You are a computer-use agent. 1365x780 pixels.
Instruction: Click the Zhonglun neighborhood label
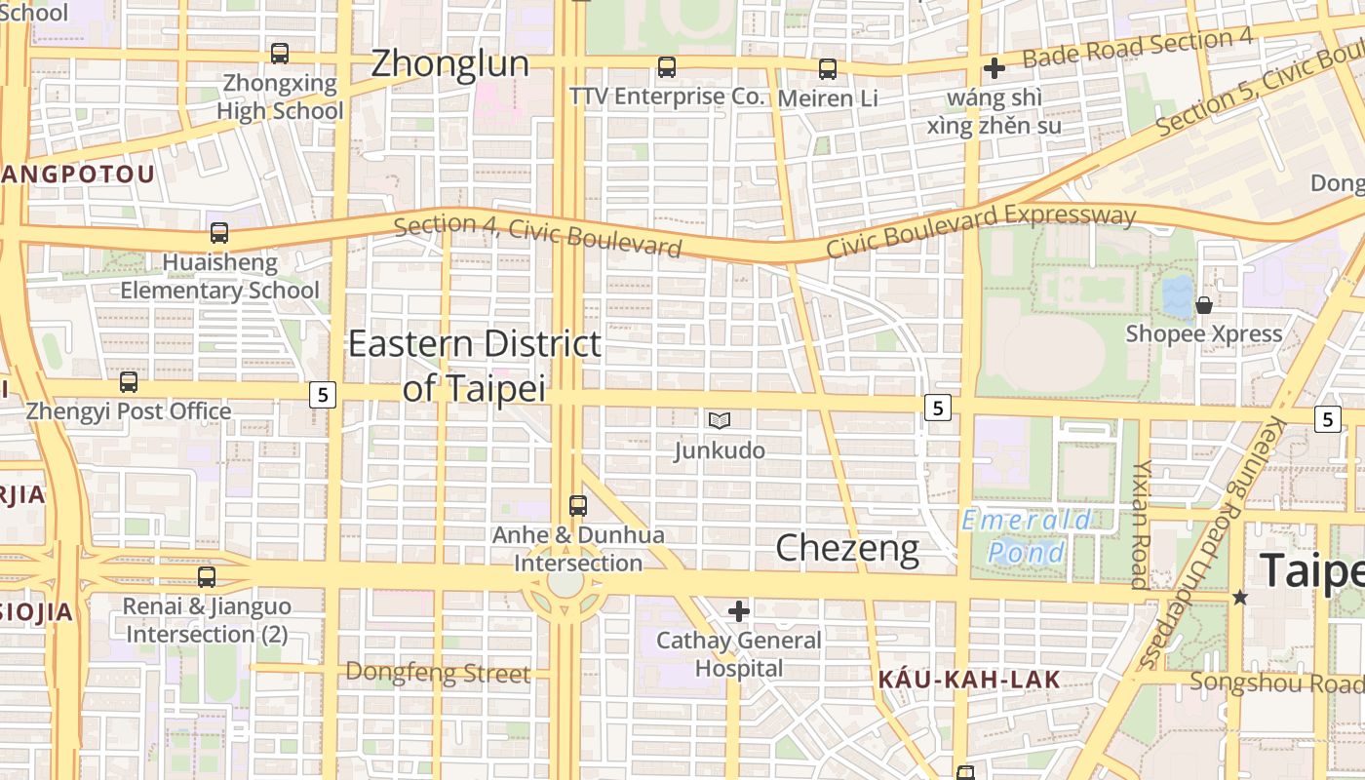click(x=449, y=64)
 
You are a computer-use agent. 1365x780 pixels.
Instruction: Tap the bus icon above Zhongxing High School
click(x=280, y=53)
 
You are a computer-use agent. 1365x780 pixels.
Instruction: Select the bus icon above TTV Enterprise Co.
click(x=667, y=67)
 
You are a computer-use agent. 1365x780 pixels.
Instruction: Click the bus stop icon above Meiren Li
click(x=828, y=68)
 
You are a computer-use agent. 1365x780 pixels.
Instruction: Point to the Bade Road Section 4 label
click(x=1137, y=48)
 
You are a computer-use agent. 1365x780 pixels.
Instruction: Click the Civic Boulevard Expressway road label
click(x=981, y=231)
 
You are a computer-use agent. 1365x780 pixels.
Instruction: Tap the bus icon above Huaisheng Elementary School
click(x=219, y=233)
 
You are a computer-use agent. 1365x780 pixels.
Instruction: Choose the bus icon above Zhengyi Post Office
click(x=129, y=382)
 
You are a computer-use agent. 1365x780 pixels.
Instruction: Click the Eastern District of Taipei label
click(x=474, y=365)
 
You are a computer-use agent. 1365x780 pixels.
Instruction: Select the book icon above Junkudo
click(x=720, y=420)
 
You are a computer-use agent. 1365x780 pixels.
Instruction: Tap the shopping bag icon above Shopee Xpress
click(x=1204, y=304)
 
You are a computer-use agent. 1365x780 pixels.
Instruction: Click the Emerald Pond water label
click(x=1027, y=536)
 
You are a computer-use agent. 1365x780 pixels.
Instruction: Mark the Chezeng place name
click(x=846, y=549)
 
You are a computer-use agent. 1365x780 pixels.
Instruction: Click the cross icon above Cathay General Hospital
click(x=739, y=611)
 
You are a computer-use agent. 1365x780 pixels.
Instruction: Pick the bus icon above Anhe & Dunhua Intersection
click(x=578, y=506)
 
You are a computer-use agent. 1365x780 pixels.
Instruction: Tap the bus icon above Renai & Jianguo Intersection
click(x=207, y=577)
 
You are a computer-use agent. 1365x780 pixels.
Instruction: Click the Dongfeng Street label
click(x=438, y=672)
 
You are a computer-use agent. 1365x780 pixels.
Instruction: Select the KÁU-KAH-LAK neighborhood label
click(x=968, y=680)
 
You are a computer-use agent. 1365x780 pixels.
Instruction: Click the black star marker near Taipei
click(x=1239, y=597)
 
